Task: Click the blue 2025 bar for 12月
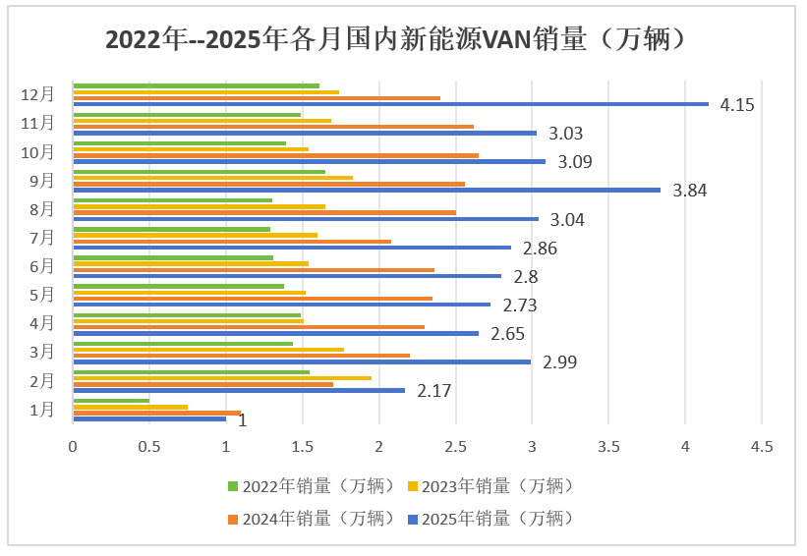pyautogui.click(x=390, y=104)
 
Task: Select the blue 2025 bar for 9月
pyautogui.click(x=367, y=190)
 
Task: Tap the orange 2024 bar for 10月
pyautogui.click(x=275, y=155)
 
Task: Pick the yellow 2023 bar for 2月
pyautogui.click(x=222, y=377)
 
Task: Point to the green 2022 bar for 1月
pyautogui.click(x=111, y=400)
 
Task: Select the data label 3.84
pyautogui.click(x=690, y=190)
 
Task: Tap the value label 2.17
pyautogui.click(x=434, y=390)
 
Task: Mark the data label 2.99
pyautogui.click(x=559, y=361)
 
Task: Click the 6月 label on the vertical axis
pyautogui.click(x=43, y=266)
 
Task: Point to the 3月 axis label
pyautogui.click(x=43, y=352)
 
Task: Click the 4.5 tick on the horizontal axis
pyautogui.click(x=762, y=447)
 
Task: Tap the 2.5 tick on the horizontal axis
pyautogui.click(x=455, y=447)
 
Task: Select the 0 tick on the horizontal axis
pyautogui.click(x=73, y=447)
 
